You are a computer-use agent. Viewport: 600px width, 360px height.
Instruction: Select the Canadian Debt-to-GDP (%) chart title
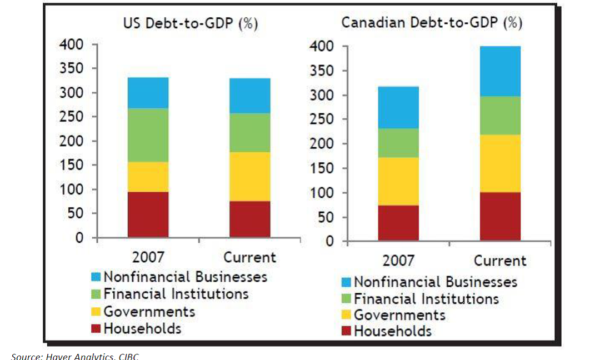(x=432, y=23)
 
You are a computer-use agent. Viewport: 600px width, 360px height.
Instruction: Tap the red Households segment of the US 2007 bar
(x=148, y=214)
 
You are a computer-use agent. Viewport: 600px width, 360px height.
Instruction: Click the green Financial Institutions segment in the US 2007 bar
(x=148, y=135)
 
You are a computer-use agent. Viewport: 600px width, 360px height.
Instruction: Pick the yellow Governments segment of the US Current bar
(x=249, y=177)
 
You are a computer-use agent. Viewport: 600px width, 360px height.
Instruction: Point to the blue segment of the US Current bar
(x=249, y=96)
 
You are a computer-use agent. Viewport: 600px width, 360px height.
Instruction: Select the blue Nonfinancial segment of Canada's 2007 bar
(x=398, y=107)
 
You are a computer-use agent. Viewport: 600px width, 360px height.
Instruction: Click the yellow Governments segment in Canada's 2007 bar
(x=398, y=181)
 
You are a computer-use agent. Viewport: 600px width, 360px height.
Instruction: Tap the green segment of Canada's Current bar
(x=501, y=116)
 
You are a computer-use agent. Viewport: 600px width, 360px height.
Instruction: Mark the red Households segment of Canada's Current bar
(x=501, y=217)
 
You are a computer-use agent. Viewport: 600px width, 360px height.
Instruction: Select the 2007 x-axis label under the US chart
(x=148, y=257)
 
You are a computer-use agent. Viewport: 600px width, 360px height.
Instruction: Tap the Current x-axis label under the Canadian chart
(x=500, y=261)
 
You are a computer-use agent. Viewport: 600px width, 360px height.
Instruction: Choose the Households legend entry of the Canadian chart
(x=392, y=332)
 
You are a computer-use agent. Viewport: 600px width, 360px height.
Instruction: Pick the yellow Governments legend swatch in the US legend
(x=96, y=312)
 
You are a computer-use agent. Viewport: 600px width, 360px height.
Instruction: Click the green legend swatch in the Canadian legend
(x=346, y=299)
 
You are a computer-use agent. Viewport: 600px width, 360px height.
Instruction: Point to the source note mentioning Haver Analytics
(x=75, y=356)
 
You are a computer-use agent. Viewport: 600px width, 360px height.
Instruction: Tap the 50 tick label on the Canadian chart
(x=326, y=217)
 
